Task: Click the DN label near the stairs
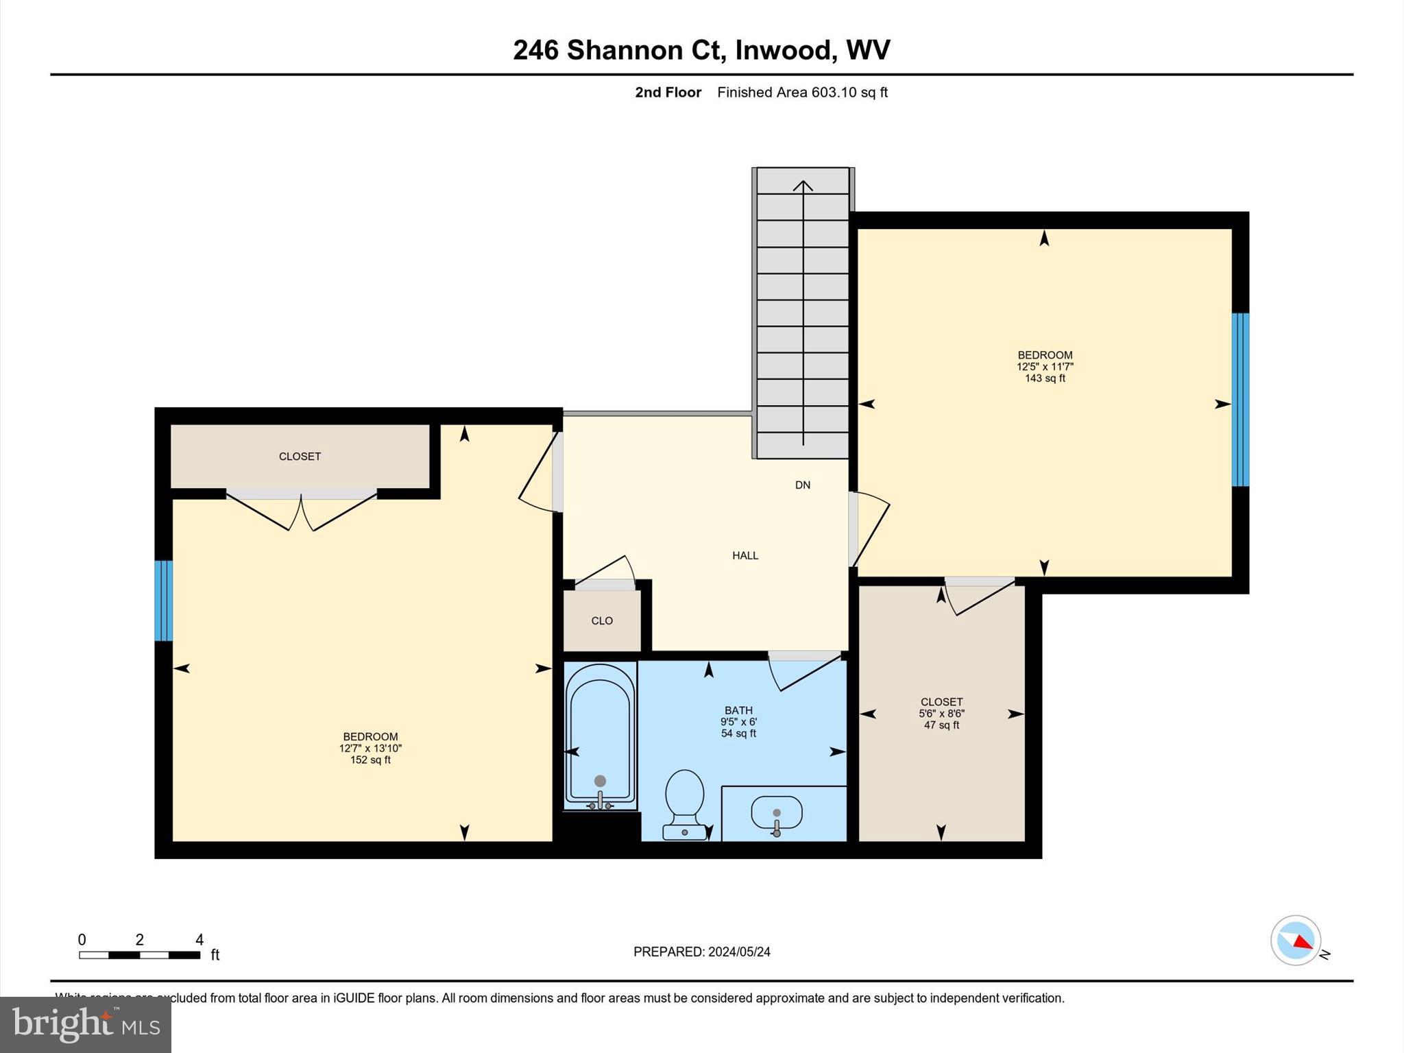tap(803, 485)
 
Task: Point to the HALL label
tap(745, 556)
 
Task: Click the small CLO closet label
tap(602, 621)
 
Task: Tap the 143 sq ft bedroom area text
tap(1045, 378)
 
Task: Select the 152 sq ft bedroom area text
tap(370, 760)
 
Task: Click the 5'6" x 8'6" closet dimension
tap(941, 714)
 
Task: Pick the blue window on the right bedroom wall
tap(1240, 400)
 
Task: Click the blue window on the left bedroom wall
tap(163, 601)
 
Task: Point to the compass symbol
tap(1295, 941)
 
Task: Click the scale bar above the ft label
tap(139, 955)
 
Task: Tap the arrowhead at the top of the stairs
tap(803, 185)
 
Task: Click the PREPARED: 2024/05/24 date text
tap(701, 952)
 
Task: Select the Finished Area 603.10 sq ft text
tap(802, 93)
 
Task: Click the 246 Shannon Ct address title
tap(701, 50)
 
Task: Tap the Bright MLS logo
tap(86, 1025)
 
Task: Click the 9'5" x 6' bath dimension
tap(738, 722)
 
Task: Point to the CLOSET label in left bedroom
tap(300, 457)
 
